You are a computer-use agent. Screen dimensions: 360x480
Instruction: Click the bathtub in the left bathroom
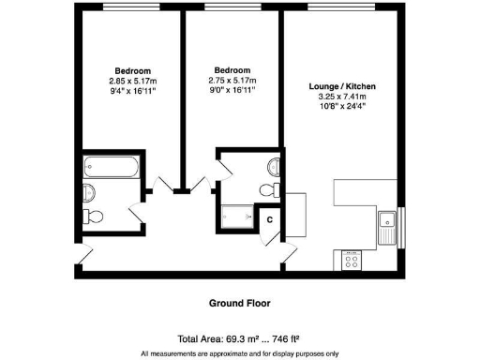coord(110,170)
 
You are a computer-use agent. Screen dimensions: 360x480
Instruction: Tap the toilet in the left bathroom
coord(95,217)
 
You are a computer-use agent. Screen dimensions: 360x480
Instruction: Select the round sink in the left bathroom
coord(89,193)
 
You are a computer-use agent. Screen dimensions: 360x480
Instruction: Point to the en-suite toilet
coord(268,189)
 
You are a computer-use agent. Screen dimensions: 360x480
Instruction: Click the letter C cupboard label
coord(270,219)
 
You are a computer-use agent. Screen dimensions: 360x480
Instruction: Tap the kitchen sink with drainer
coord(385,223)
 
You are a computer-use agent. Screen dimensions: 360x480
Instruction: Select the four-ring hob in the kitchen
coord(353,260)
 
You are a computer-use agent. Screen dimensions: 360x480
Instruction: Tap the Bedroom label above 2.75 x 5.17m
coord(232,70)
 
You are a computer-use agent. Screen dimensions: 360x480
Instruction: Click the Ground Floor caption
coord(240,303)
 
